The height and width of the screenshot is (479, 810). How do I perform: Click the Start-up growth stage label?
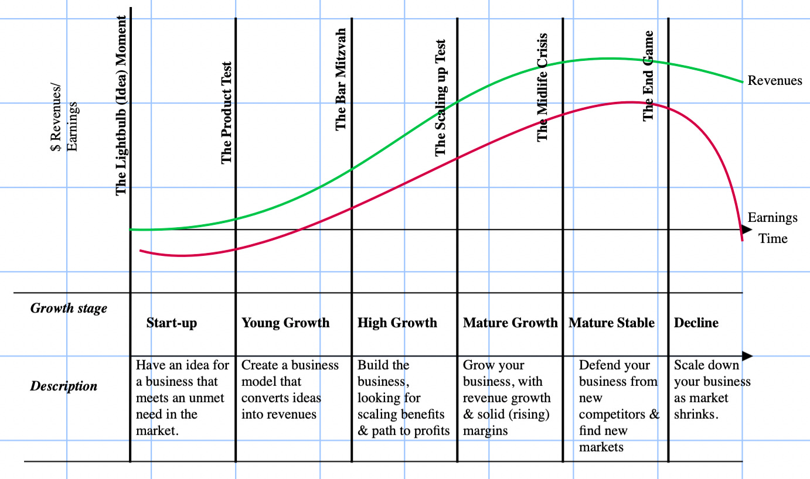172,323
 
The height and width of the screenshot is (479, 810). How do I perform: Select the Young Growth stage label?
285,323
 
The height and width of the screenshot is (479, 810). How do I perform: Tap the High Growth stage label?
397,323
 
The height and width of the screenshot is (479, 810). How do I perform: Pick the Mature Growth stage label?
510,323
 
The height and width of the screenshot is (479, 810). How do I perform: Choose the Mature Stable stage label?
611,323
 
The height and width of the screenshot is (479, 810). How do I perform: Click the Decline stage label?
696,323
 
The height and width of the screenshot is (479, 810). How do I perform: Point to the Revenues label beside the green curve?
775,81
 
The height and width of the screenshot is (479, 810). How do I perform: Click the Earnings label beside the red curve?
772,218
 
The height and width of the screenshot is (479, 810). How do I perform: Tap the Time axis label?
773,238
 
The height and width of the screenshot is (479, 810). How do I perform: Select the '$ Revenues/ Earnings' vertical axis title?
64,126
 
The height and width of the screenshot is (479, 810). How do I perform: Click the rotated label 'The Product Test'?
227,112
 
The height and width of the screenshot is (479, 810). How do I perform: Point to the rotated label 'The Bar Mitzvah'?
341,79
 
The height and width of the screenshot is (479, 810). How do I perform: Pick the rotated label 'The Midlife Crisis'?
543,87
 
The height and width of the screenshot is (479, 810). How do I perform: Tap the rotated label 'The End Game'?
648,76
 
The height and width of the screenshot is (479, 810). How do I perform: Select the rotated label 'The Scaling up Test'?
441,98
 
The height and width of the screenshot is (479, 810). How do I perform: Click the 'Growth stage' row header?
69,308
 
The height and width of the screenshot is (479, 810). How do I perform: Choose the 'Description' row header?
63,386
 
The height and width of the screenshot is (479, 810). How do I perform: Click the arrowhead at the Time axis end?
747,230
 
